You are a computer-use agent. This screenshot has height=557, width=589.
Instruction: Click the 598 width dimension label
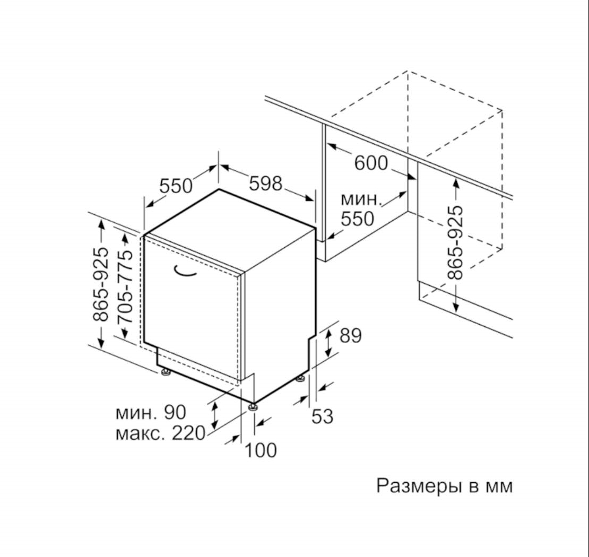click(x=265, y=184)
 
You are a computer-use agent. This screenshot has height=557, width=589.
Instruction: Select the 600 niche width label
click(x=371, y=163)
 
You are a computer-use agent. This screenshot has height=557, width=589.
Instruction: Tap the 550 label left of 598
click(x=176, y=186)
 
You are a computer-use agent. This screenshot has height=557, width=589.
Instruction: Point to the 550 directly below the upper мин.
click(x=358, y=219)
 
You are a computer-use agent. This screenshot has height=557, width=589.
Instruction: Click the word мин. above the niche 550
click(x=361, y=200)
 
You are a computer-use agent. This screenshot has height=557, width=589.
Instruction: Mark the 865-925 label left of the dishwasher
click(x=100, y=284)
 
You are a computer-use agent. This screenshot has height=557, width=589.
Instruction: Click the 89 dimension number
click(x=350, y=336)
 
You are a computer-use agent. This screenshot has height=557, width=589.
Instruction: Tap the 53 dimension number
click(x=323, y=416)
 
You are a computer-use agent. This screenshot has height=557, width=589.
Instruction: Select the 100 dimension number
click(x=261, y=450)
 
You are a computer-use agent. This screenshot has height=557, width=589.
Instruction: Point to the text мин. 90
click(x=151, y=412)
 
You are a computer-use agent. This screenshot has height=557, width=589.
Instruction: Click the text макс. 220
click(x=160, y=433)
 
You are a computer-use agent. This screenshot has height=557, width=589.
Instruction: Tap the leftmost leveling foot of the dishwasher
click(x=165, y=372)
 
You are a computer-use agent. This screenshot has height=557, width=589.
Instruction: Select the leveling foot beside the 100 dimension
click(x=253, y=407)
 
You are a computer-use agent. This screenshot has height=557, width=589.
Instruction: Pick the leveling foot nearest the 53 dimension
click(x=300, y=379)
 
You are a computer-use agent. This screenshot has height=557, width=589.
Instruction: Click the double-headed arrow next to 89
click(x=328, y=342)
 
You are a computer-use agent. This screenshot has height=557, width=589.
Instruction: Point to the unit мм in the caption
click(x=499, y=488)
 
